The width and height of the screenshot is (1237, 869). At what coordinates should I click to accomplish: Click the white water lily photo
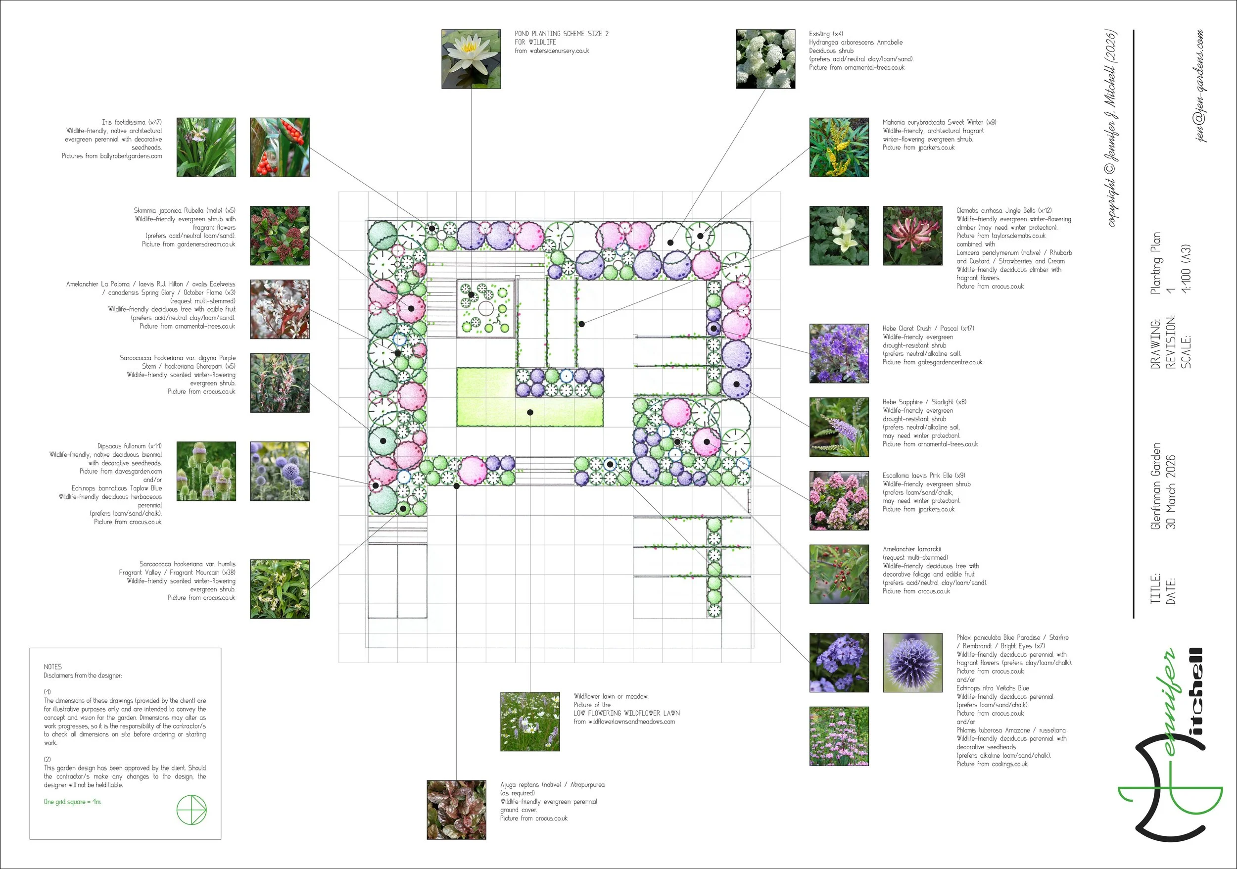471,59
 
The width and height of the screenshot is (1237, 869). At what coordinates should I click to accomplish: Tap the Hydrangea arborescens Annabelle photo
765,59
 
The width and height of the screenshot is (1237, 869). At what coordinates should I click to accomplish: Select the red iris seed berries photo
280,147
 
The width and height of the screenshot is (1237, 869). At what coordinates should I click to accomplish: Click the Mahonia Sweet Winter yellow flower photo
839,147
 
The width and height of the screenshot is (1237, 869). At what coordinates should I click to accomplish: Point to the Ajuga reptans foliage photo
456,809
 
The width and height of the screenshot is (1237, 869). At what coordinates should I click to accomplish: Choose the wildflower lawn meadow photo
529,722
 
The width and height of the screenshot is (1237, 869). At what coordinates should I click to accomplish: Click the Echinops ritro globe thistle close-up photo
912,662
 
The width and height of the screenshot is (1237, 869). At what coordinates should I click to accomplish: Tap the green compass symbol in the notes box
191,809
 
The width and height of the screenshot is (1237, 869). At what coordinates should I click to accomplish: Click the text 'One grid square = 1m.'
72,802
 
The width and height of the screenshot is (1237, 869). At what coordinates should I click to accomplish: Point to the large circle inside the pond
485,309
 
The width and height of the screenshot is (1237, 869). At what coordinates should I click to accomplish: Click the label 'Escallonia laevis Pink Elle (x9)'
923,475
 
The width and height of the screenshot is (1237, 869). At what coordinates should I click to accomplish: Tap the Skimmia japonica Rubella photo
280,236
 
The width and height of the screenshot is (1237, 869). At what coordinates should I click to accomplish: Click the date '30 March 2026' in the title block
1170,492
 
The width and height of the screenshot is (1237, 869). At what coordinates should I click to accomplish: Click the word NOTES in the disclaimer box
53,667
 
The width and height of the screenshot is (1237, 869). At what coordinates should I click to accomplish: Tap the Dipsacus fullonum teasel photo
206,471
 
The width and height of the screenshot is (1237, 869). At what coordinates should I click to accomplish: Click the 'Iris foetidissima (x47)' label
132,122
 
